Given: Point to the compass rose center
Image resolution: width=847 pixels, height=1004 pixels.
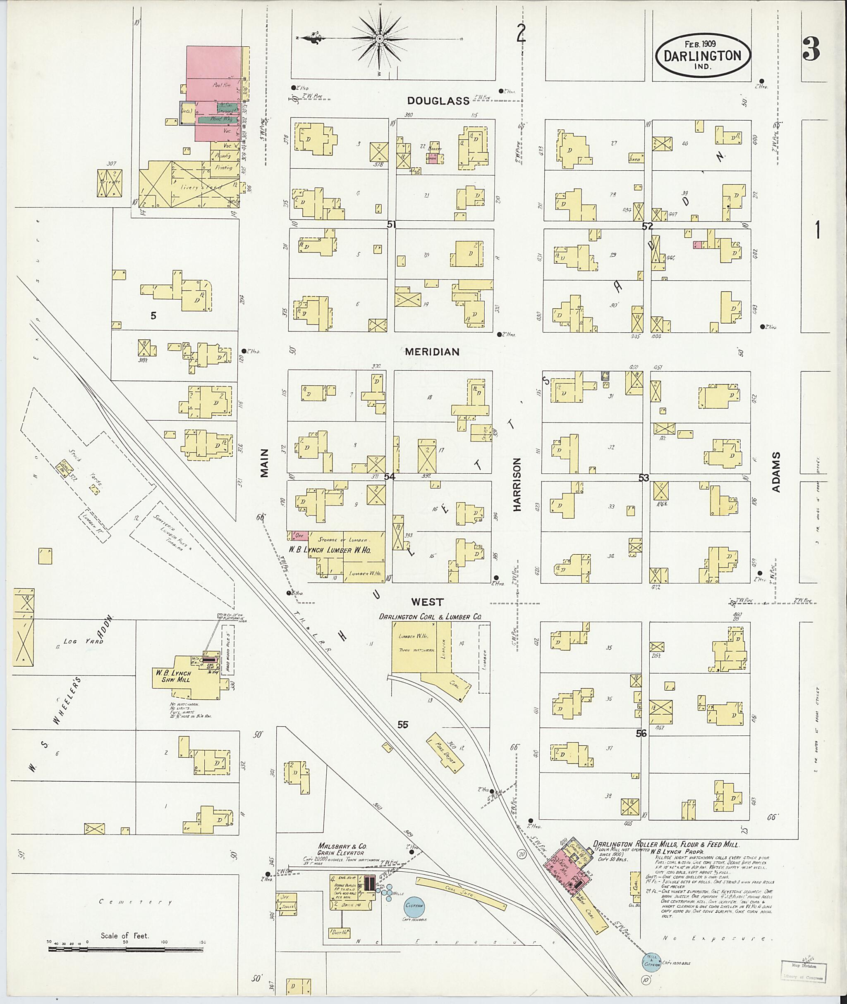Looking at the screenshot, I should pos(379,38).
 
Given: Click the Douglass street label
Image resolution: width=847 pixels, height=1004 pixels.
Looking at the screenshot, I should pos(438,101).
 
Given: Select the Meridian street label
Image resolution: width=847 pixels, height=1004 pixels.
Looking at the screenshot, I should pos(432,352).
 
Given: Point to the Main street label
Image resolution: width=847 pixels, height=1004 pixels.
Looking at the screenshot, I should pos(265,463).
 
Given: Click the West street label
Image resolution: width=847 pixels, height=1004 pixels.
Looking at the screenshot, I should pos(427,602).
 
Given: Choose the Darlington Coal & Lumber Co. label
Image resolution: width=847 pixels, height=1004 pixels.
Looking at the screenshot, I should pos(430,617).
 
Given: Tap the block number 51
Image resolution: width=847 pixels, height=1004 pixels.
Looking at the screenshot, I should pos(392,224).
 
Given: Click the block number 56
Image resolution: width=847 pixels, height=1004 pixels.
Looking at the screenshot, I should pos(641,733).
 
